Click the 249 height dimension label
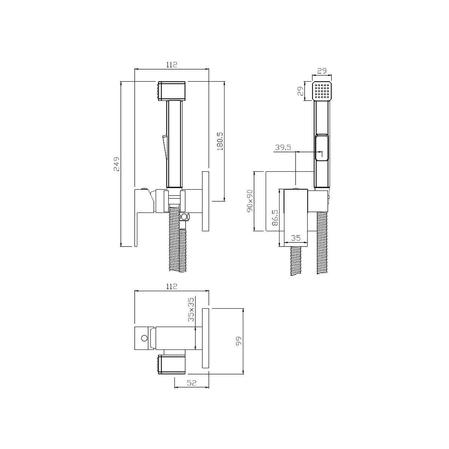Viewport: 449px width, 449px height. (117, 164)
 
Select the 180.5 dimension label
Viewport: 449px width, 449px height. (220, 141)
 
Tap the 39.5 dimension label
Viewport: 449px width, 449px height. (283, 147)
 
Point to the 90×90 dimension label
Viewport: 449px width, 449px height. (250, 201)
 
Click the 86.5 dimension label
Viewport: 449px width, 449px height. (275, 217)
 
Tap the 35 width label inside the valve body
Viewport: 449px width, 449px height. (296, 238)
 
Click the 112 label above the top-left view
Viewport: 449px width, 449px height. (172, 64)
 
